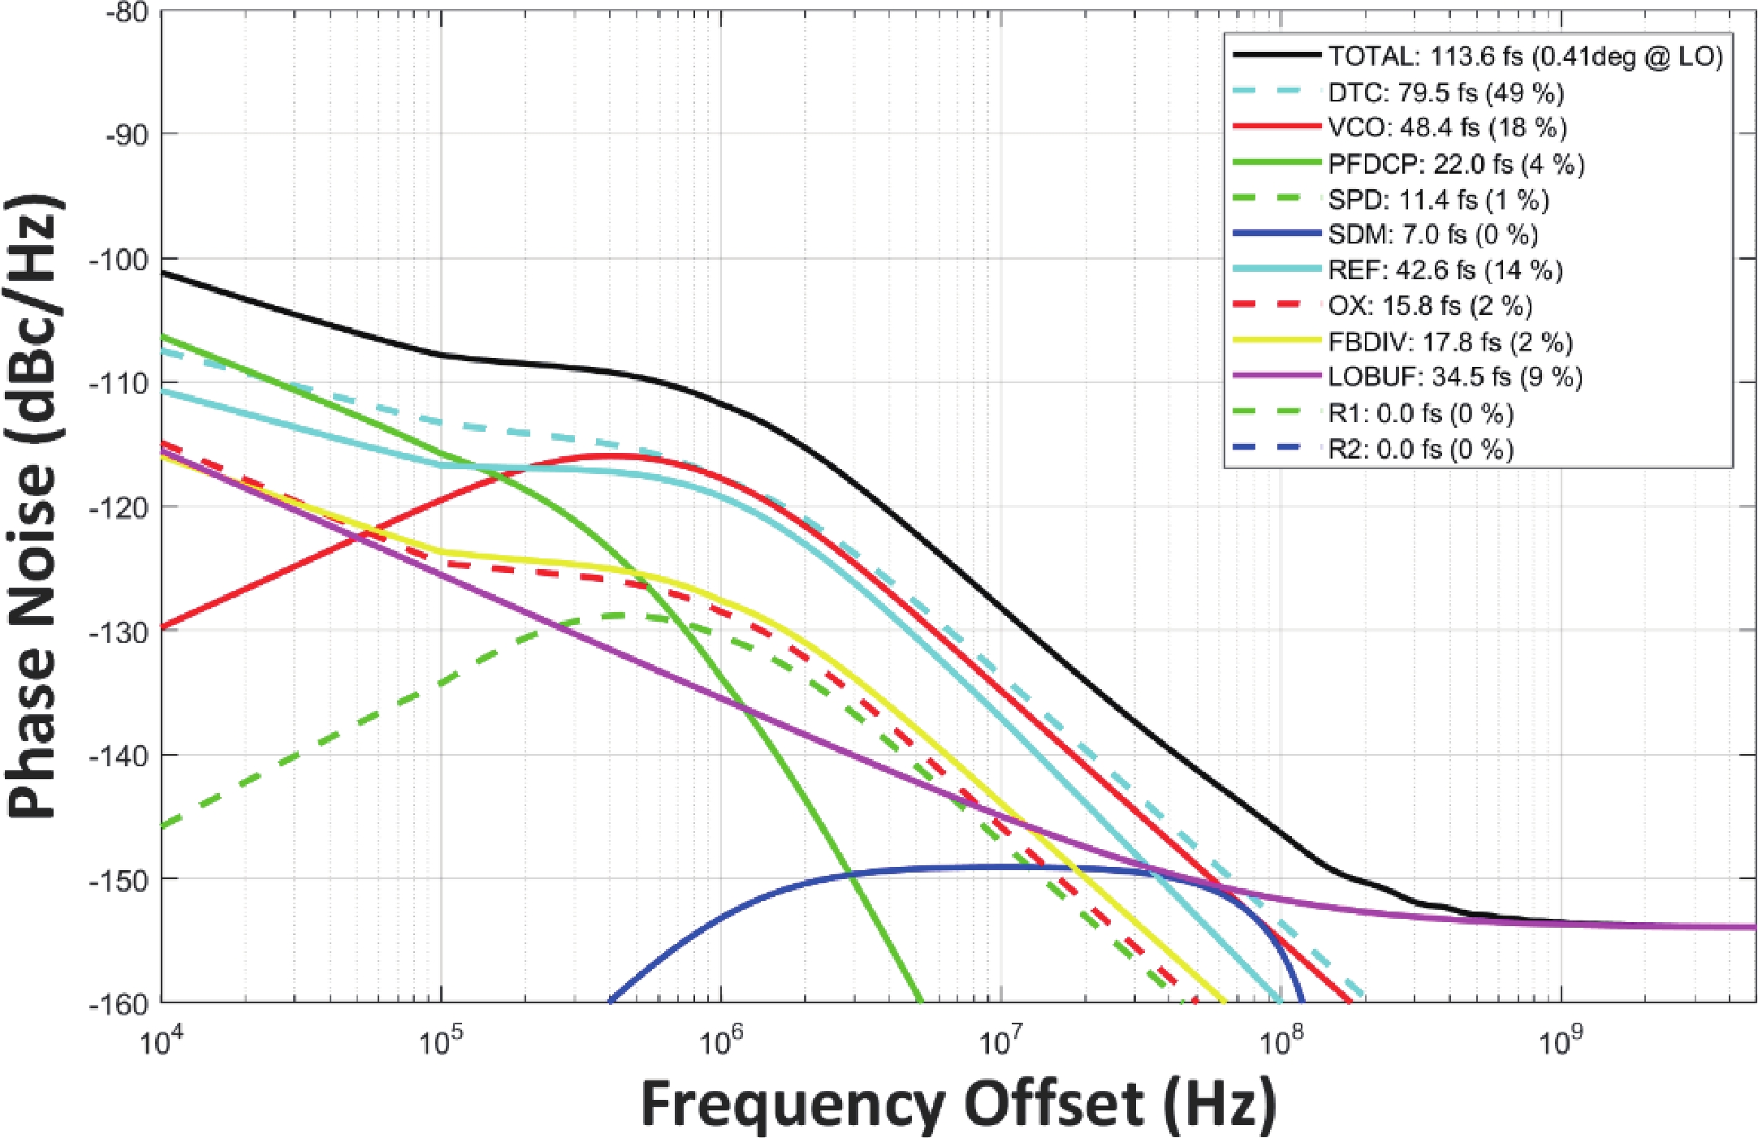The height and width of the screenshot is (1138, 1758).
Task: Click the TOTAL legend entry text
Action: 1525,56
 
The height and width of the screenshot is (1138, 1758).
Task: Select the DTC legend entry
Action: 1445,93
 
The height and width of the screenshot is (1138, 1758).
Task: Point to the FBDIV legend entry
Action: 1450,342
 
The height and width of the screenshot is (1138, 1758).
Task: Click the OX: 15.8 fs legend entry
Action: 1430,306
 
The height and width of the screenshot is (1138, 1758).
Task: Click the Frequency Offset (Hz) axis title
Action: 958,1104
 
